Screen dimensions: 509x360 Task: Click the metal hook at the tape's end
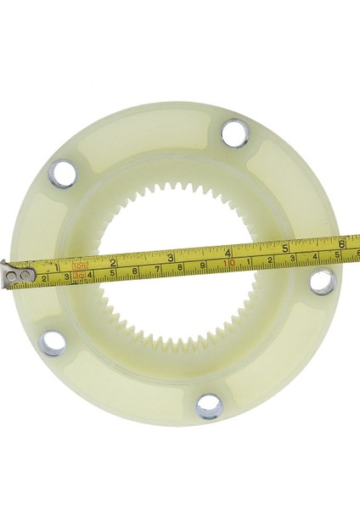(17, 276)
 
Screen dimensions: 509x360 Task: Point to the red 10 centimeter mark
(229, 263)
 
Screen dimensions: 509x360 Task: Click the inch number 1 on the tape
(55, 266)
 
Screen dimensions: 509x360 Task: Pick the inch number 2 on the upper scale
(113, 262)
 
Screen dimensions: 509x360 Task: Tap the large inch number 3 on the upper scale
(171, 257)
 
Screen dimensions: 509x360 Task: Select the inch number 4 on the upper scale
(228, 252)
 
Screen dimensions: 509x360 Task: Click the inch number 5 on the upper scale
(286, 248)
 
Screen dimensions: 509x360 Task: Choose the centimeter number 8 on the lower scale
(180, 268)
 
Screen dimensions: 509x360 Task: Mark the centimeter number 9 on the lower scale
(203, 266)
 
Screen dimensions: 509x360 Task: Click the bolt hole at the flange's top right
(234, 133)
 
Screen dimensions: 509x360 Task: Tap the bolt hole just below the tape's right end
(323, 282)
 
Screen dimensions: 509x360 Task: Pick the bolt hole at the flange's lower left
(53, 343)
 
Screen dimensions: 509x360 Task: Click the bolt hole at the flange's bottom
(208, 406)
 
